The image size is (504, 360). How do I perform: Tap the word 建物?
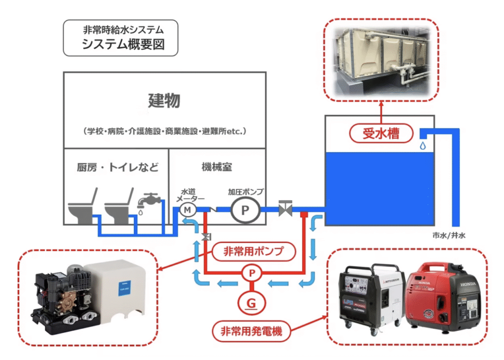click(x=164, y=101)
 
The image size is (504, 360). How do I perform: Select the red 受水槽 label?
click(x=381, y=133)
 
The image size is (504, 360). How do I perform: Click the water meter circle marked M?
click(x=187, y=210)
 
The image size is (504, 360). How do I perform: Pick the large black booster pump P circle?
click(x=244, y=210)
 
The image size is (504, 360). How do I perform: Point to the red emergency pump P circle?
click(x=252, y=273)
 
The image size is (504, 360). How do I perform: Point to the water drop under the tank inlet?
click(x=422, y=146)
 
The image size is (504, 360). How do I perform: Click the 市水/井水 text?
click(x=448, y=235)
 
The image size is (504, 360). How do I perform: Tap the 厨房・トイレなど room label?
click(x=118, y=167)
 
